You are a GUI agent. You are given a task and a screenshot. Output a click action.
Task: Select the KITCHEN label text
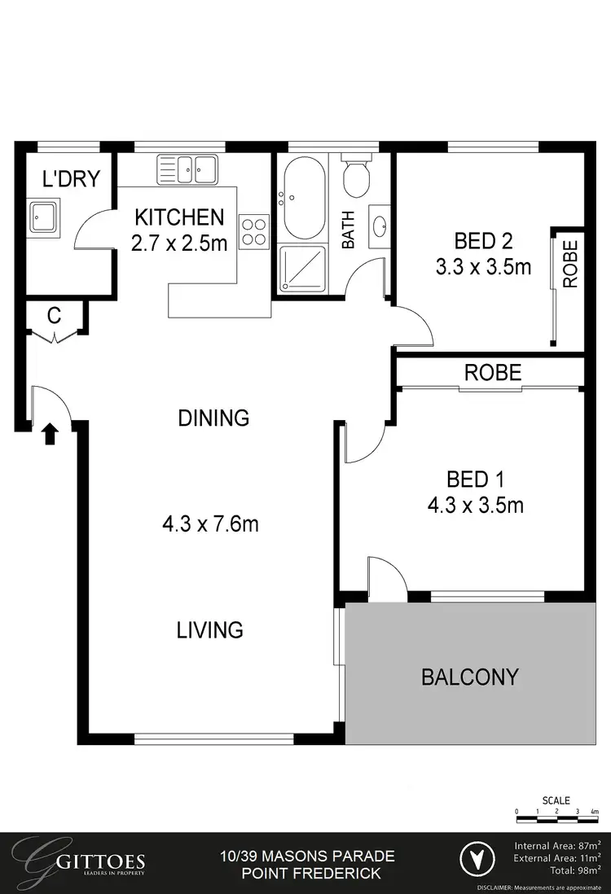[179, 217]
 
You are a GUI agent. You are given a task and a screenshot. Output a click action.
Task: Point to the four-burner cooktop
[253, 230]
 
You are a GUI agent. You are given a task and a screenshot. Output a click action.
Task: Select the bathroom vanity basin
[380, 226]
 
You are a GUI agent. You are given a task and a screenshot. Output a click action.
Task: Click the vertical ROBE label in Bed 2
[569, 263]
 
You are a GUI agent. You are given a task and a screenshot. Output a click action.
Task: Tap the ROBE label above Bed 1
[492, 373]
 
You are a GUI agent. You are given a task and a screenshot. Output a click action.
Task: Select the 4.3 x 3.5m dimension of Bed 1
[475, 506]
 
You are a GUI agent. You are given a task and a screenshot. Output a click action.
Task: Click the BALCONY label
[469, 677]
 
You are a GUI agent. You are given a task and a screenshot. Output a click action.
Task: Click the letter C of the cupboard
[54, 317]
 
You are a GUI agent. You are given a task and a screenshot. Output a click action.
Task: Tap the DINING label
[213, 419]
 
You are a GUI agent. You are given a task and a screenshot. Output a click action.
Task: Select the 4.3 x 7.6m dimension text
[210, 524]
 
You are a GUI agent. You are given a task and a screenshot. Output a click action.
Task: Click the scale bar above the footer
[557, 812]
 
